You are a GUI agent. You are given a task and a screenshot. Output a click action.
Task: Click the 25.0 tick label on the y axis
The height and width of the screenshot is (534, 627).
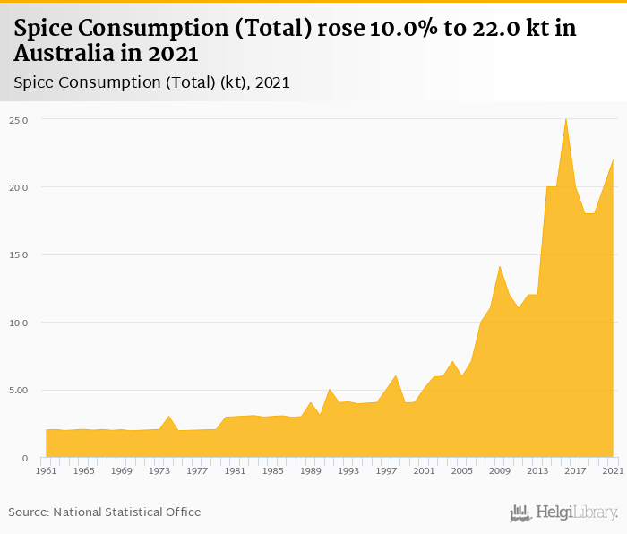pos(18,120)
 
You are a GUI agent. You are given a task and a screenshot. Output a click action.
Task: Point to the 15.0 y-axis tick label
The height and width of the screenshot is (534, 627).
pos(18,255)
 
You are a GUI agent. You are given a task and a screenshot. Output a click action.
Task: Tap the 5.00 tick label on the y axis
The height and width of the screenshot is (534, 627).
pos(18,391)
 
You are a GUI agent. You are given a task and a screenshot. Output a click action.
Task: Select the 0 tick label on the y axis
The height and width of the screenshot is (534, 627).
pos(24,458)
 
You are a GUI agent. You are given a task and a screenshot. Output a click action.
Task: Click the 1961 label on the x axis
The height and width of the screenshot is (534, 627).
pos(46,470)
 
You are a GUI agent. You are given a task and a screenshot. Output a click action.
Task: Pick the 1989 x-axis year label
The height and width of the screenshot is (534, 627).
pos(311,470)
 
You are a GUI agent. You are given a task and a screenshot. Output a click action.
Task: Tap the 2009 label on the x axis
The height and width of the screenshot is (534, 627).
pos(500,470)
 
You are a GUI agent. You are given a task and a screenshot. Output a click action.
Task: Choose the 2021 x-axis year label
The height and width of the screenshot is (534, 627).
pos(613,470)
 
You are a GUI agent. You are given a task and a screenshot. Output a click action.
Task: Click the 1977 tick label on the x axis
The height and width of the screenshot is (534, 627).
pos(197,470)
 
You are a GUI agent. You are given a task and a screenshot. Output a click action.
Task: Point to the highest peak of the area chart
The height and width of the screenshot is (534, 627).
pos(566,119)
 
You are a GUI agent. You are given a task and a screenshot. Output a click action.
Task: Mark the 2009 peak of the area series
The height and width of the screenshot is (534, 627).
pos(500,266)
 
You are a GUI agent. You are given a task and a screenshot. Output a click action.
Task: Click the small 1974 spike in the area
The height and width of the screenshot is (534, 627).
pos(168,417)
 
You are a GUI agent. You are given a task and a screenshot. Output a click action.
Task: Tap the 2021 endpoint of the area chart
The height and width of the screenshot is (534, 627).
pos(613,160)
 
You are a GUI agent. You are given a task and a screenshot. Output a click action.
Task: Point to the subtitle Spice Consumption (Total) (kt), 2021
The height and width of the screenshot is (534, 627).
pos(151,82)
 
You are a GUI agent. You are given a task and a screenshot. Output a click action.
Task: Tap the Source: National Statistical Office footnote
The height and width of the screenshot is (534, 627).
pos(105,512)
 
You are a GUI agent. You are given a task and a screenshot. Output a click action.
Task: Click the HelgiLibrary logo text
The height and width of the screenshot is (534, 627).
pos(576,512)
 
